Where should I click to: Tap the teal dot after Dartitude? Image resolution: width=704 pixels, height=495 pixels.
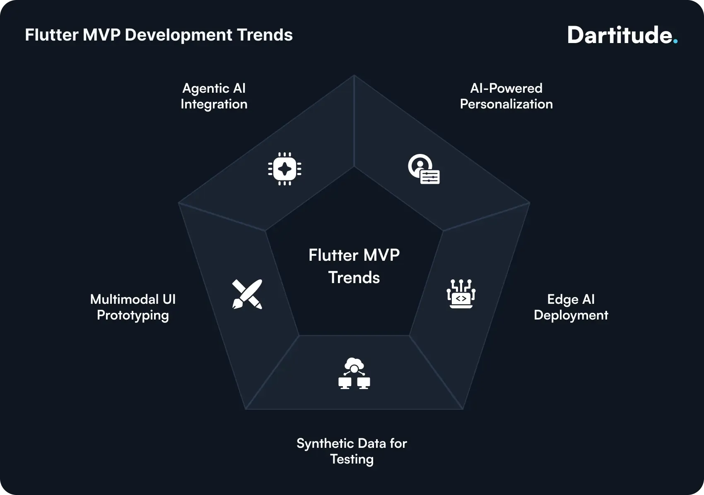coord(675,41)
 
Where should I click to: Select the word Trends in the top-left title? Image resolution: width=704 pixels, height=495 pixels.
coord(265,35)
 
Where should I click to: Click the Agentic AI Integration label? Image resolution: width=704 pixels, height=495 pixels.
coord(214,96)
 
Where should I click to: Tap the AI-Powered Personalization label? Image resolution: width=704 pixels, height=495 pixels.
coord(506,96)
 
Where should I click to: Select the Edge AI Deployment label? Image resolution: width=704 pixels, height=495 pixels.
coord(571,307)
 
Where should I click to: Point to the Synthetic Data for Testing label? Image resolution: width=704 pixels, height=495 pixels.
coord(352,451)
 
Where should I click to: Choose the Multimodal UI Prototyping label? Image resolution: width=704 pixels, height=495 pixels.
coord(133,307)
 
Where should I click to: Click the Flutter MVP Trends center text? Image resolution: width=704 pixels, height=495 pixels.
coord(354,266)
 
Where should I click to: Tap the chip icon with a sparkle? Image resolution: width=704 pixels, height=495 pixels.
coord(284,169)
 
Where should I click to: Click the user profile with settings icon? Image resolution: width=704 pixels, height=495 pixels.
coord(424,169)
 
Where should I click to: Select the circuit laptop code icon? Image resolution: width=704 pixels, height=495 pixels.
coord(461,294)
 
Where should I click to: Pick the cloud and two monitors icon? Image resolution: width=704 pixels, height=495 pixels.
coord(354,373)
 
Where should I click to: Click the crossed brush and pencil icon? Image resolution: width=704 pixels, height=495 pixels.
coord(247,294)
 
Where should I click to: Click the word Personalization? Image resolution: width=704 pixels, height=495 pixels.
coord(506,104)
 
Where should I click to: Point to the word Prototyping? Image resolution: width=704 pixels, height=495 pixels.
coord(133,315)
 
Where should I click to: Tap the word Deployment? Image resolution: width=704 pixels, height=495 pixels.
coord(571,315)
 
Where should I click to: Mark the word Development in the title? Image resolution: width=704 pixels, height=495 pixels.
coord(178,35)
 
